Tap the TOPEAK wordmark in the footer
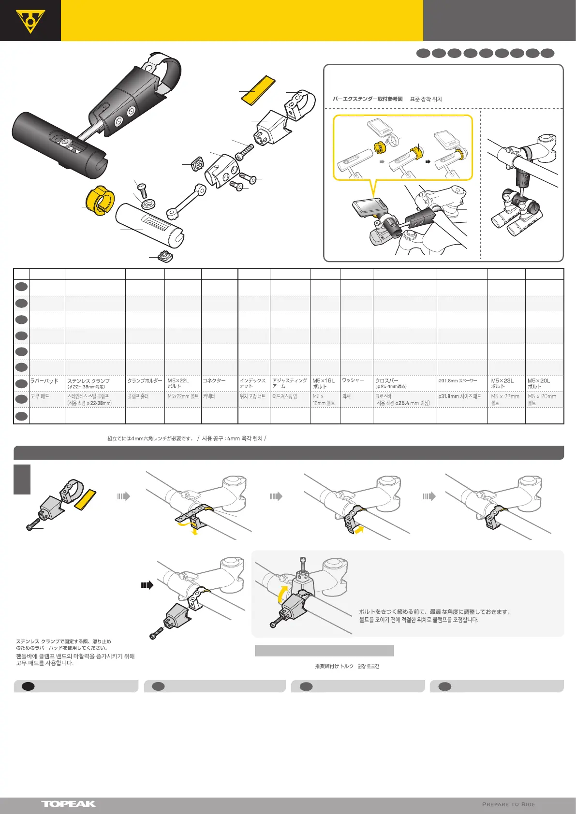(x=68, y=804)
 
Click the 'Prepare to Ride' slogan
(x=508, y=804)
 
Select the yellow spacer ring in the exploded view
(x=99, y=200)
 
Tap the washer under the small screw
(x=148, y=203)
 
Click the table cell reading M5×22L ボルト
(x=182, y=383)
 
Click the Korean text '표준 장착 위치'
(x=426, y=99)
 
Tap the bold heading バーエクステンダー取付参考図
(x=368, y=99)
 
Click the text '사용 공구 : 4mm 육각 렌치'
(x=232, y=439)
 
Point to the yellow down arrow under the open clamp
(x=195, y=531)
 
